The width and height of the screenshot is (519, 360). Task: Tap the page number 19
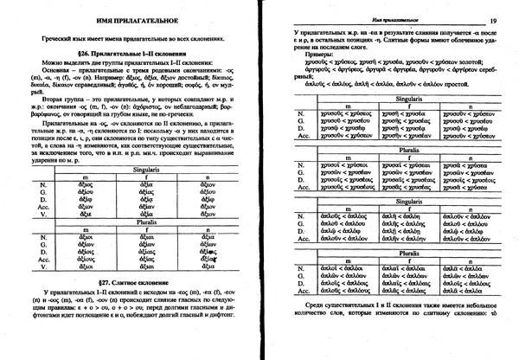tap(492, 22)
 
